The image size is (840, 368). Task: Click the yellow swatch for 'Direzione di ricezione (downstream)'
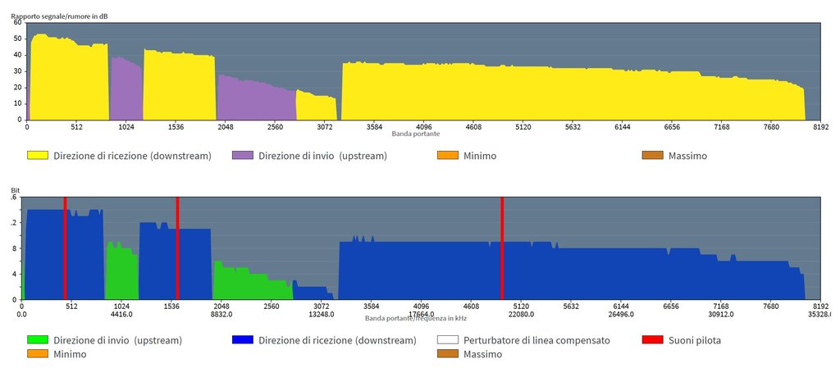(x=37, y=155)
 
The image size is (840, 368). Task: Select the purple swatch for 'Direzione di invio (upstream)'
(x=242, y=155)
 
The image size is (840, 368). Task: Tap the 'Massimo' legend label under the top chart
(x=687, y=155)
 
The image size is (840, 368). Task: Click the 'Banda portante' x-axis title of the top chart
(x=415, y=134)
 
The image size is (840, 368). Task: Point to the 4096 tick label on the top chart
(x=424, y=127)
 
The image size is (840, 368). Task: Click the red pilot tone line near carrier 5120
(x=502, y=248)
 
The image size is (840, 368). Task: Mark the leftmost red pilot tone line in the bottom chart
(x=65, y=248)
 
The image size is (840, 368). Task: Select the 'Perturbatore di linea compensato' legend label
(x=536, y=340)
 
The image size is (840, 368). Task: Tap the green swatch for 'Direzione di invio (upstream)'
(x=37, y=340)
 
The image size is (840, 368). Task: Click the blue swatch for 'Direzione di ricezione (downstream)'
(x=242, y=340)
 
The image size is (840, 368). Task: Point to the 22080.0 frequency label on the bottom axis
(x=521, y=314)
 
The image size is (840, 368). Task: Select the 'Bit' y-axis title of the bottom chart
(x=15, y=192)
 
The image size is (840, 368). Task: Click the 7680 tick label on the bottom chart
(x=770, y=307)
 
